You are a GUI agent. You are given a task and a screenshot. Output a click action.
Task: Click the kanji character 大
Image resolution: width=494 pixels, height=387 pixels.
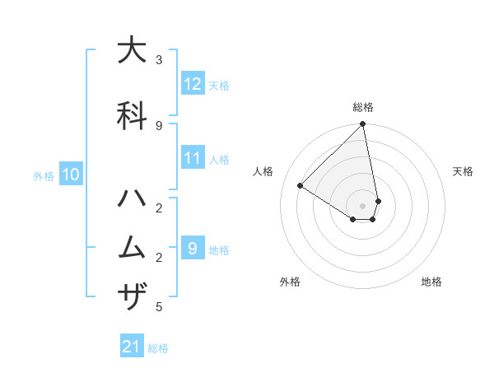(132, 51)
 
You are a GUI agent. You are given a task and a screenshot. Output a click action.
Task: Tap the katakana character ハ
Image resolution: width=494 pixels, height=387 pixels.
(132, 199)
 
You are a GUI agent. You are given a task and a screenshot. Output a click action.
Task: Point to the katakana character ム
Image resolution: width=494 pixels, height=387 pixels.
(132, 248)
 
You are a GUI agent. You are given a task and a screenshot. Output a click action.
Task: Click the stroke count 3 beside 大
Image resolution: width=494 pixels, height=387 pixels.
(159, 60)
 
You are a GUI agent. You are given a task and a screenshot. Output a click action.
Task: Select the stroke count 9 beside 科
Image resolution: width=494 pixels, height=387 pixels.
(159, 125)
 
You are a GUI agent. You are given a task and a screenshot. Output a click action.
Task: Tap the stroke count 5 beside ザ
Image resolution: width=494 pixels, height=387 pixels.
(159, 307)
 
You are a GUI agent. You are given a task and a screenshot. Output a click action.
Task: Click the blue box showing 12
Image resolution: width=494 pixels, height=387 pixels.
(193, 84)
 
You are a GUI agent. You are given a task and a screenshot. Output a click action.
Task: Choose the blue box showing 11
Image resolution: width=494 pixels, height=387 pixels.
(193, 158)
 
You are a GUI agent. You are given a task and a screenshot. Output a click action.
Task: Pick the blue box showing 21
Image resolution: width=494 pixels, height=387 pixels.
(132, 347)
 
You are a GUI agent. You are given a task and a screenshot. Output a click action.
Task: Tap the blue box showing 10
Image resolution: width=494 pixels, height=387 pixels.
(70, 175)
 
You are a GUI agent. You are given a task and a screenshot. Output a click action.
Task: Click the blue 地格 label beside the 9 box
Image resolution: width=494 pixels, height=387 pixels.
(219, 250)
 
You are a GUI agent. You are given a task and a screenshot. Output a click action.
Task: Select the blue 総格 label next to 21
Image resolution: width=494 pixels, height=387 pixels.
(158, 348)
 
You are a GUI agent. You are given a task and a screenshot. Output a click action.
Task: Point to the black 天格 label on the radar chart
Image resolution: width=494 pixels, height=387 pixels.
(464, 171)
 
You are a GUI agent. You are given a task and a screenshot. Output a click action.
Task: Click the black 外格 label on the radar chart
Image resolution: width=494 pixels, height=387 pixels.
(290, 282)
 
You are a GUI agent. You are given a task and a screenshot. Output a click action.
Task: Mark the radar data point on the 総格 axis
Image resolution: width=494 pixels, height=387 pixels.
(362, 124)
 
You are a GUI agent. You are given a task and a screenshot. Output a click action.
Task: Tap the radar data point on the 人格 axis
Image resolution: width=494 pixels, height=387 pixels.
(301, 186)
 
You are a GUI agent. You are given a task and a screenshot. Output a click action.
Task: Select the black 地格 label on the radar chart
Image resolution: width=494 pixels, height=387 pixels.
(431, 282)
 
